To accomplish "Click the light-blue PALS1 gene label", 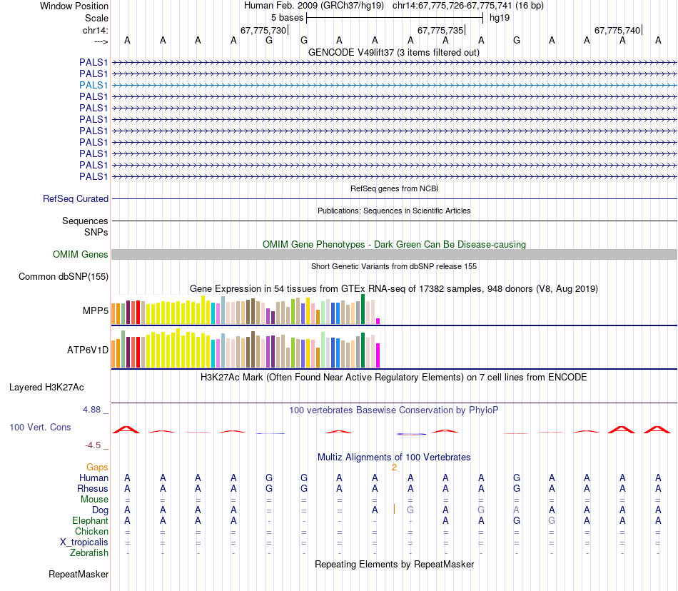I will [x=93, y=85].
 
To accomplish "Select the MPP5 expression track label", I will [x=96, y=311].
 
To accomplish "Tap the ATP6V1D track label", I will [x=88, y=350].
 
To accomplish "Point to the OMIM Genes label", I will [x=81, y=254].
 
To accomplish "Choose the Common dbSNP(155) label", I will [x=64, y=276].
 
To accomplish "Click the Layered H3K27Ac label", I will [x=46, y=388].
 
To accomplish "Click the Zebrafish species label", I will [x=89, y=552].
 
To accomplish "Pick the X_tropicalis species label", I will [x=84, y=542].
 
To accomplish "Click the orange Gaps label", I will [x=97, y=467].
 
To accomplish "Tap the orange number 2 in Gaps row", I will [x=394, y=467].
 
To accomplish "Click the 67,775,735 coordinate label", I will [x=440, y=30].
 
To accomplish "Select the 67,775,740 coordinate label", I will [x=617, y=30].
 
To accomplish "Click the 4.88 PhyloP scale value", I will [x=93, y=410].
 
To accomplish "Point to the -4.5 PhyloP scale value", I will [x=93, y=445].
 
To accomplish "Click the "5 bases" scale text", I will [x=287, y=16].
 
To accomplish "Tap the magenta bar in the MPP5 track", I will [x=378, y=320].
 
